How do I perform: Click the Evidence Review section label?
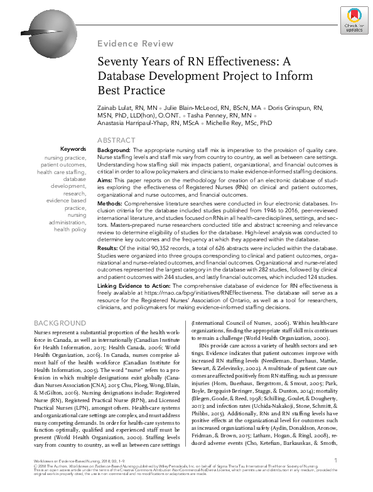135,43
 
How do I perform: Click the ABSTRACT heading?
117,140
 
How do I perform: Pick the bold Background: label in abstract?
114,151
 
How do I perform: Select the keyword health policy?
70,230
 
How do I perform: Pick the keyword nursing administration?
68,219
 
